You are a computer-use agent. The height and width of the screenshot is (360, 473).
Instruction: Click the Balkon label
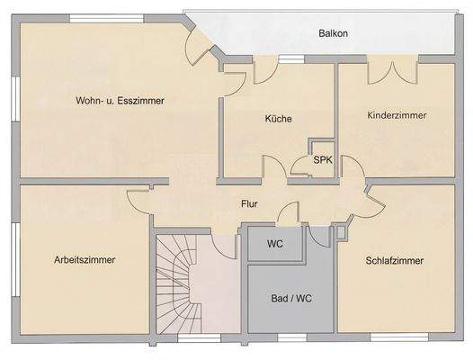coord(333,34)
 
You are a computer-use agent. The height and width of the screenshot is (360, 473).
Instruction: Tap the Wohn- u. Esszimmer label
coord(120,101)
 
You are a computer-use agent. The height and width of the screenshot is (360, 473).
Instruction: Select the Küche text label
coord(279,118)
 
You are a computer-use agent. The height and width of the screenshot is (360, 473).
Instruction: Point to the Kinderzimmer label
coord(397,116)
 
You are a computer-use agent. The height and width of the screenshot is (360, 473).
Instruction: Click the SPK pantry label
coord(323,160)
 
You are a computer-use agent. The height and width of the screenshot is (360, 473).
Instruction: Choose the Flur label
coord(250,204)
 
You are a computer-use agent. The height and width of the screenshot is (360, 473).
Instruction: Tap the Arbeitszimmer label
coord(85,260)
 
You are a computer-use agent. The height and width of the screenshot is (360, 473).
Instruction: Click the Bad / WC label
coord(291,297)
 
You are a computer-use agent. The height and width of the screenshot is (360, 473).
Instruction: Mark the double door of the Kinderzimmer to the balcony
coord(391,71)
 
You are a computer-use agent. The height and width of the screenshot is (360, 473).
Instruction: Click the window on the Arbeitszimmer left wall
coord(15,261)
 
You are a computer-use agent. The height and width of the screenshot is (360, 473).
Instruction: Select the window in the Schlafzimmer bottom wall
coord(397,338)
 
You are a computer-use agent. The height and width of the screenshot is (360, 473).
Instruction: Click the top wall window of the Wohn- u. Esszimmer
coord(99,18)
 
